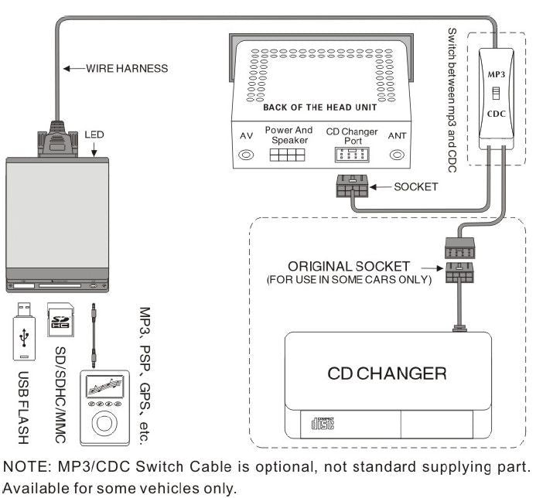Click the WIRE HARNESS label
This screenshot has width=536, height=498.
pyautogui.click(x=125, y=69)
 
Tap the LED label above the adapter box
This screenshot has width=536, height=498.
pyautogui.click(x=95, y=135)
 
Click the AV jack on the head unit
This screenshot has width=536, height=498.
pyautogui.click(x=247, y=155)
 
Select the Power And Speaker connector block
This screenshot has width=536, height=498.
pyautogui.click(x=288, y=154)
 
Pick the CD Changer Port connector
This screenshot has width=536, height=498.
pyautogui.click(x=352, y=154)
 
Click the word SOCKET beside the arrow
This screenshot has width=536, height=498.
pyautogui.click(x=416, y=187)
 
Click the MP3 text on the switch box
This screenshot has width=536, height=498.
pyautogui.click(x=497, y=75)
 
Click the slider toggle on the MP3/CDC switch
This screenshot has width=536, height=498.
pyautogui.click(x=497, y=95)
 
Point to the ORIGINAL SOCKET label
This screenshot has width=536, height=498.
pyautogui.click(x=349, y=267)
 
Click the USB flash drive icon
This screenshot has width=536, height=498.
pyautogui.click(x=25, y=332)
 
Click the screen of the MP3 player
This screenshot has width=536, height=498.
pyautogui.click(x=102, y=386)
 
